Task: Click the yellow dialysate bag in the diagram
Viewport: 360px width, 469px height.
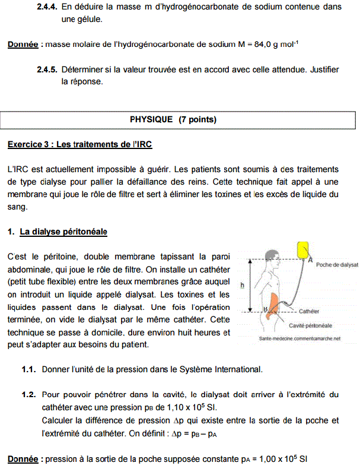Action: coord(302,251)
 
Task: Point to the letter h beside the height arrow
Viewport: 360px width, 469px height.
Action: coord(242,285)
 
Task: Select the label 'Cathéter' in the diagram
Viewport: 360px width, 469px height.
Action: coord(309,310)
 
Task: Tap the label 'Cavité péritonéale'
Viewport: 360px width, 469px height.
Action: coord(310,325)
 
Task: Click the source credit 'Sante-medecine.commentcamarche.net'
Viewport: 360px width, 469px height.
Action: coord(300,338)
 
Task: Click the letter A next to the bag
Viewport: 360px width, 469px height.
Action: coord(311,259)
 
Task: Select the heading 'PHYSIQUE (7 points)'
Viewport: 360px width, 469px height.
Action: coord(173,119)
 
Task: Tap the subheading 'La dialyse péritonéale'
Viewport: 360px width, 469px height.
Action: coord(63,232)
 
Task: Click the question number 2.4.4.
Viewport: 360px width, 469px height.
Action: coord(46,7)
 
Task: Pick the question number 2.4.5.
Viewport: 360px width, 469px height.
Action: coord(46,69)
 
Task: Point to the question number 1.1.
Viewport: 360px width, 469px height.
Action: coord(29,369)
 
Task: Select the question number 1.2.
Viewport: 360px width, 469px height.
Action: coord(29,394)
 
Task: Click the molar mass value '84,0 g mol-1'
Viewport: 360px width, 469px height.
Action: coord(276,44)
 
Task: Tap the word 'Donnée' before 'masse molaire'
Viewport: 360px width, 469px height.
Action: coord(23,45)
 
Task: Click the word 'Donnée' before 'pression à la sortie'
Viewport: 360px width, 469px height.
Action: coord(23,460)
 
